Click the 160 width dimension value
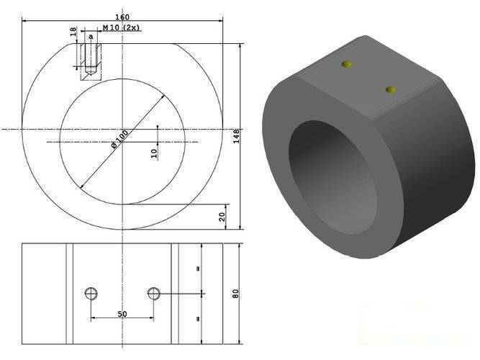tap(122, 17)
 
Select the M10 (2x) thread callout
tap(121, 27)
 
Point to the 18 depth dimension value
tap(73, 32)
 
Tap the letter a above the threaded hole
tap(91, 37)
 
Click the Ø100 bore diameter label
tap(119, 140)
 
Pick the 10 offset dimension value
tap(155, 153)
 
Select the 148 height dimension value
tap(236, 136)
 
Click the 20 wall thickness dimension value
tap(222, 217)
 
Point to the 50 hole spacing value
tap(122, 314)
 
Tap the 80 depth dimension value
tap(235, 294)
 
